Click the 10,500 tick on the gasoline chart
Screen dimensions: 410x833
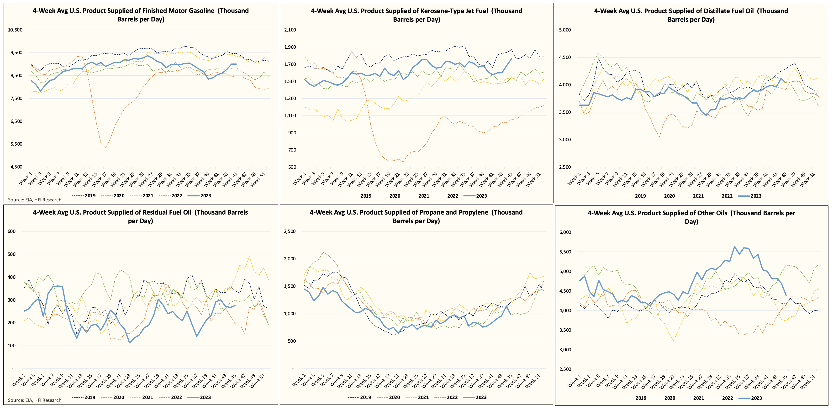(x=15, y=30)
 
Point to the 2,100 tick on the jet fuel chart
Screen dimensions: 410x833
(x=290, y=30)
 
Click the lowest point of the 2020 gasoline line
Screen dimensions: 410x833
(x=105, y=148)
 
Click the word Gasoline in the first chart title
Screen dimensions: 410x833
(x=197, y=11)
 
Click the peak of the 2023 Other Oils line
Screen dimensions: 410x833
(x=734, y=246)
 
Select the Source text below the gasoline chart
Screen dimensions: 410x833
(x=35, y=200)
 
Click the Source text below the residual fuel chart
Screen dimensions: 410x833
(x=35, y=400)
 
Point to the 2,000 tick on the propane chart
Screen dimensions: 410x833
(x=290, y=259)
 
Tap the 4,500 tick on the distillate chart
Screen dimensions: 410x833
(x=565, y=57)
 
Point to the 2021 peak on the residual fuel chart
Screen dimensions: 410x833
(x=249, y=257)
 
